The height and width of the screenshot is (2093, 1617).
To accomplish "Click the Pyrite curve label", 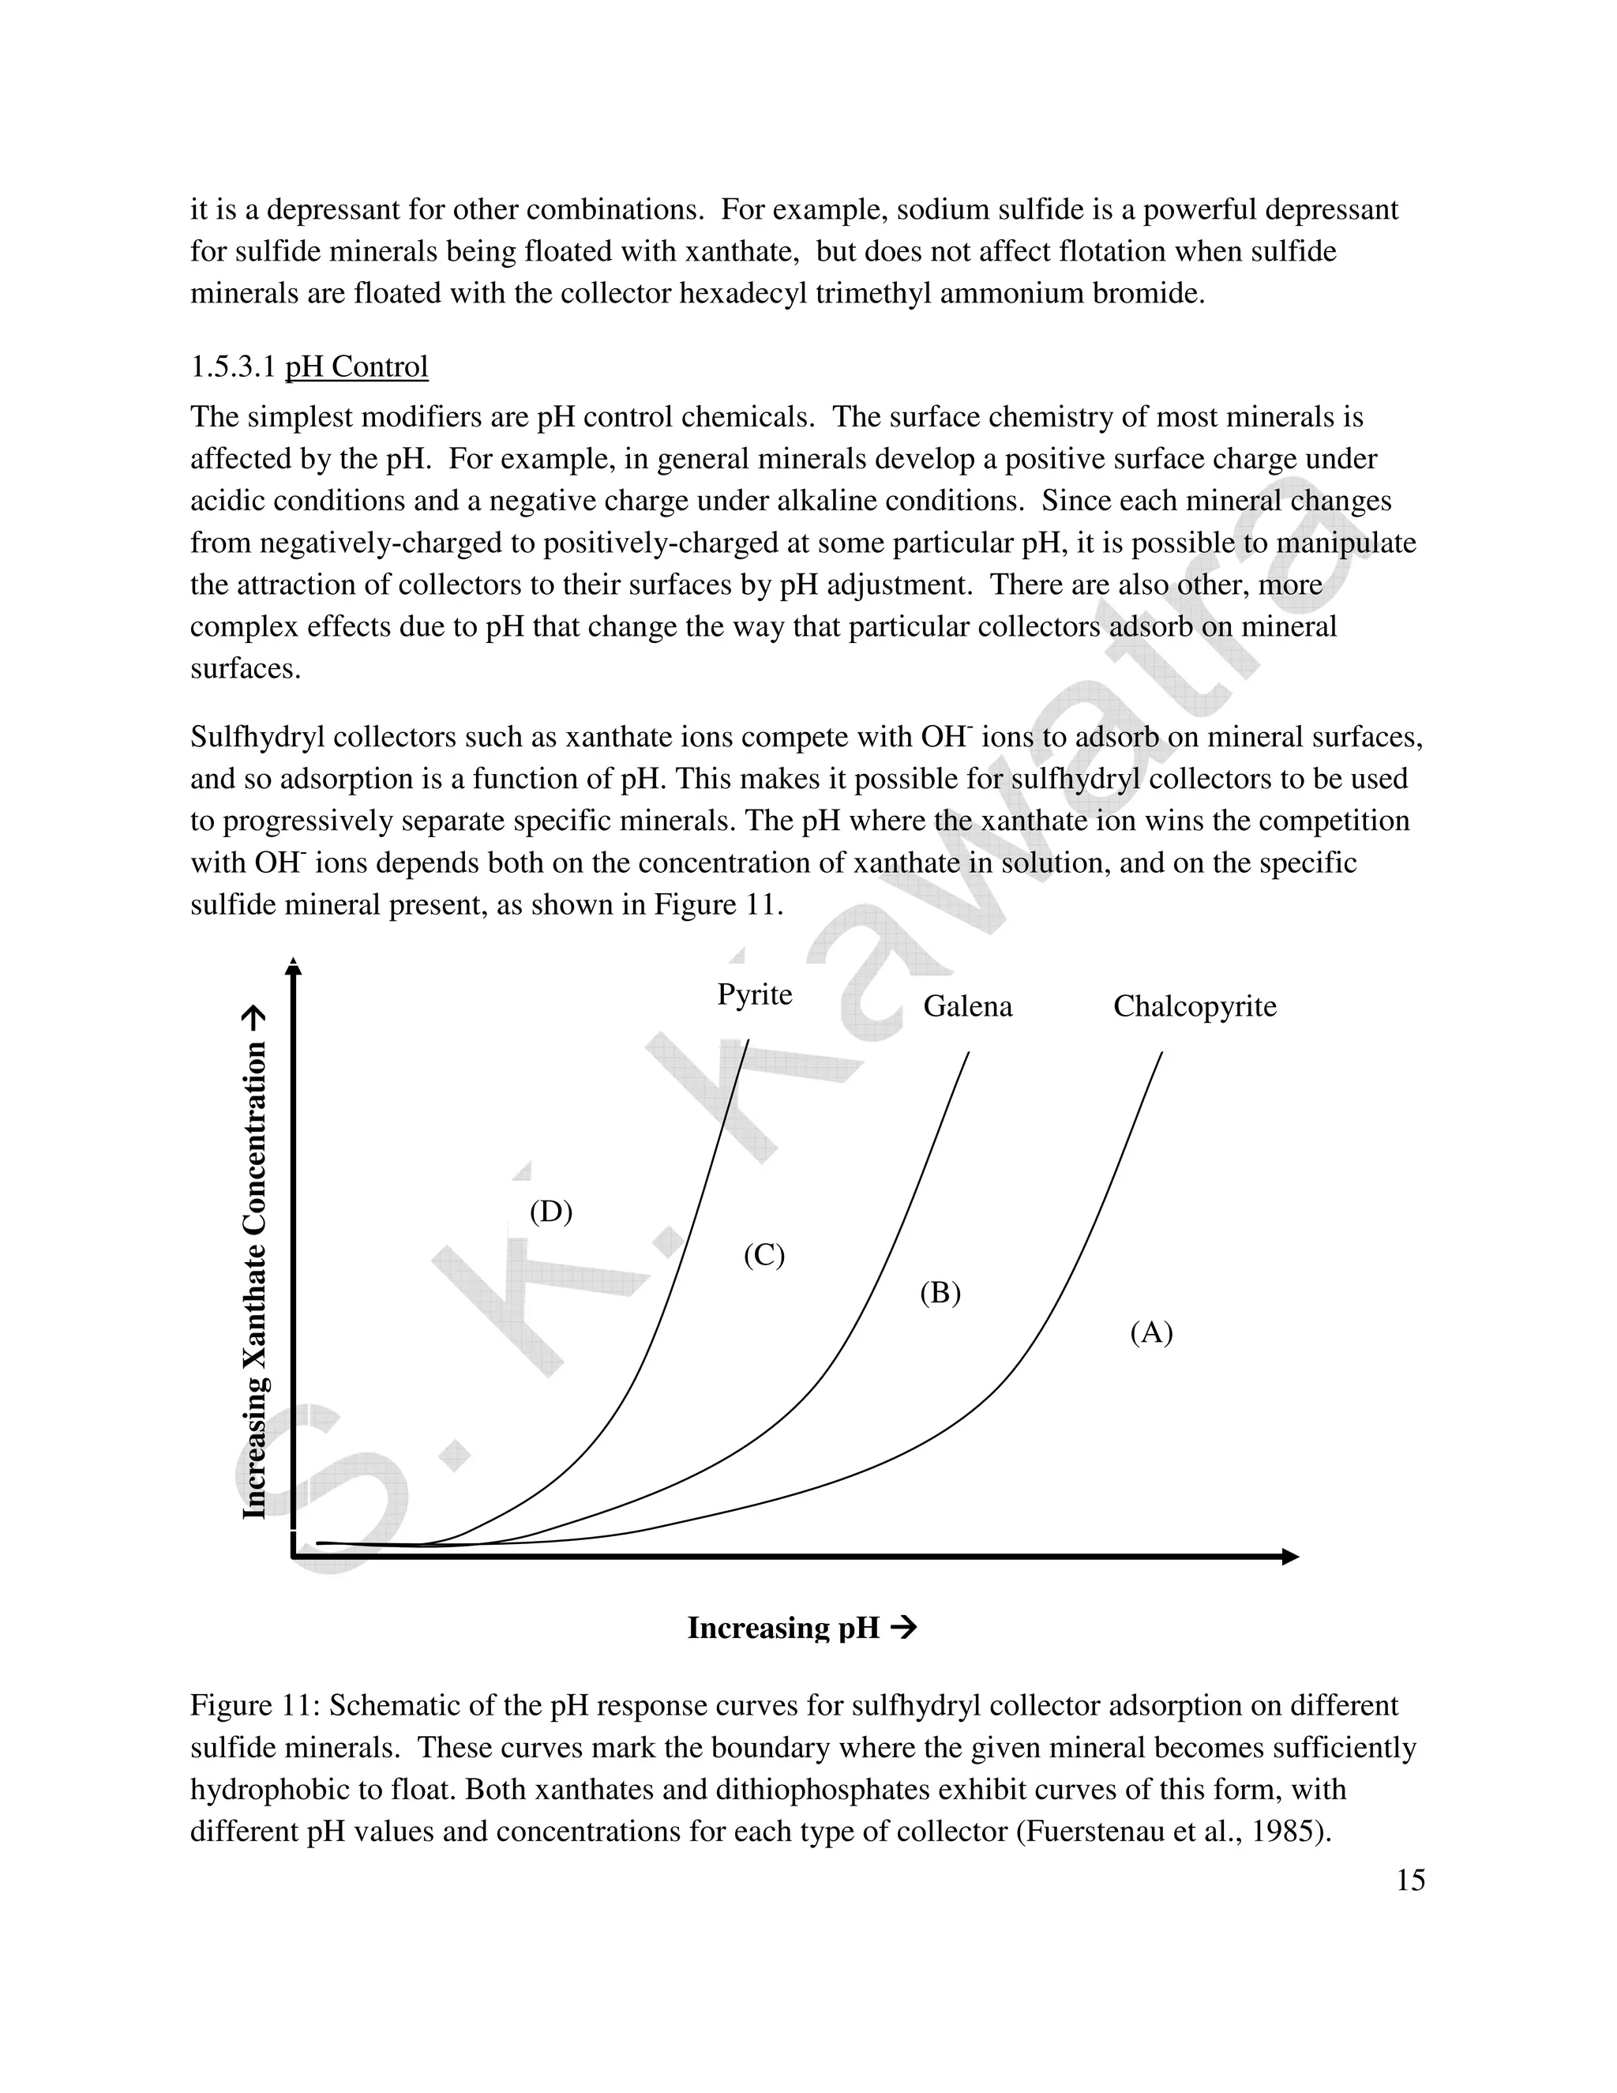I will click(754, 994).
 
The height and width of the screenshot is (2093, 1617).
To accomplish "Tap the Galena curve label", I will click(966, 1006).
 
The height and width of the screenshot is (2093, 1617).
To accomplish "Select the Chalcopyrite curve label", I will click(1194, 1006).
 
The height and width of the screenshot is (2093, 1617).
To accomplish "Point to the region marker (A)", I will click(1150, 1332).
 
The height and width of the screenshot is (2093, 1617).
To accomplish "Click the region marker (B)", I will click(940, 1293).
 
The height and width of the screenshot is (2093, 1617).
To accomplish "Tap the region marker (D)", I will click(551, 1212).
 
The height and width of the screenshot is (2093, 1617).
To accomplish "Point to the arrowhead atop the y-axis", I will click(294, 967).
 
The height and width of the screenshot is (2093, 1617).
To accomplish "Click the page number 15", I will click(1410, 1881).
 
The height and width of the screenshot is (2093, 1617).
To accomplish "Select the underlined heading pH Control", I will click(356, 367).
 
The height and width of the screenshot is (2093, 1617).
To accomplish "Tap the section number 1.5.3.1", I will click(233, 367).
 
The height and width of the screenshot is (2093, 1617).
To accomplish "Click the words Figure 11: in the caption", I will click(255, 1705).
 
